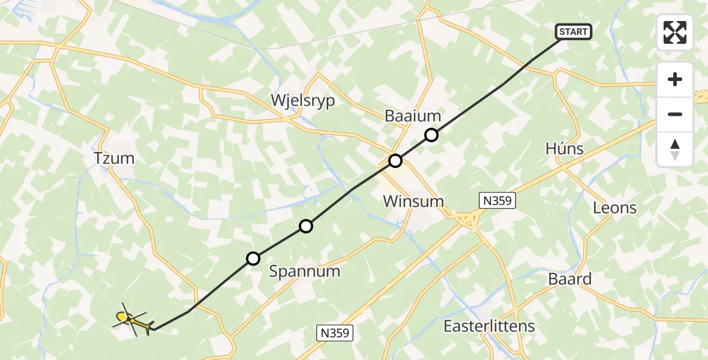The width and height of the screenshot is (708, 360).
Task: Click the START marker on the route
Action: (574, 32)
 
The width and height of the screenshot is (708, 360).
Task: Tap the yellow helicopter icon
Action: (132, 320)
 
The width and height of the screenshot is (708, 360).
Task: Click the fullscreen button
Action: (675, 32)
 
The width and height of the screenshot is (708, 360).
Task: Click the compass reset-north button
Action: (675, 149)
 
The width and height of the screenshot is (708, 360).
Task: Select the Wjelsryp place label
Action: (303, 100)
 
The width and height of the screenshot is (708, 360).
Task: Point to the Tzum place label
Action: (114, 159)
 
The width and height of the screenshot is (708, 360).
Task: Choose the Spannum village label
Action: (304, 271)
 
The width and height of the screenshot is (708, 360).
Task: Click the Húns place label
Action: (565, 149)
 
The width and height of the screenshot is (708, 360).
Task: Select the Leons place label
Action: (614, 208)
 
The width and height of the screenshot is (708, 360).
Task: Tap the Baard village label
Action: (569, 279)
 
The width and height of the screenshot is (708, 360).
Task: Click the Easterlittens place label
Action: (489, 326)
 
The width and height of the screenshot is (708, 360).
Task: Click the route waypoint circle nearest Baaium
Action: (431, 135)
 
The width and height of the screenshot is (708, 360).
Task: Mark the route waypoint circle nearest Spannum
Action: (254, 259)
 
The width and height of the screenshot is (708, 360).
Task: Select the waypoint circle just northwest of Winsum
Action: (395, 160)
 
